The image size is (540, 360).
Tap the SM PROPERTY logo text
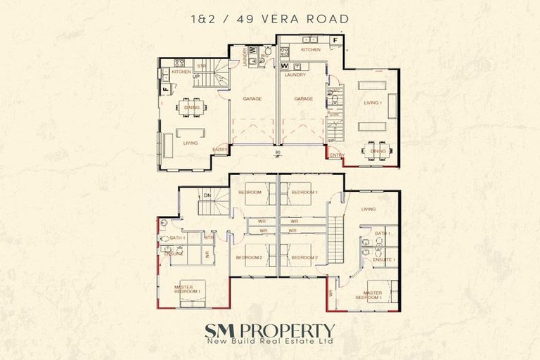pyautogui.click(x=269, y=330)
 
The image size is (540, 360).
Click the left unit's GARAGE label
pyautogui.click(x=252, y=99)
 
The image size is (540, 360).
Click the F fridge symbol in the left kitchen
pyautogui.click(x=166, y=90)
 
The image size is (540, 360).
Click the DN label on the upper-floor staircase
pyautogui.click(x=207, y=195)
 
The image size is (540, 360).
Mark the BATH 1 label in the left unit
pyautogui.click(x=176, y=238)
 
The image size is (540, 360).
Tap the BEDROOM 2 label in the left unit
pyautogui.click(x=250, y=257)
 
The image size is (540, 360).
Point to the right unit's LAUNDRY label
pyautogui.click(x=294, y=74)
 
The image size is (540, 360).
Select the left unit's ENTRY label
pyautogui.click(x=219, y=148)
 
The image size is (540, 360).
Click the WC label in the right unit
pyautogui.click(x=335, y=90)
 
